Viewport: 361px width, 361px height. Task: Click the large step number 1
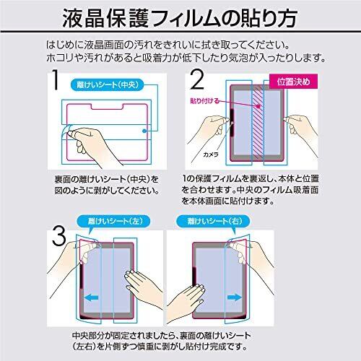56,80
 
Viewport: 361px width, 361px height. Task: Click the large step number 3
59,237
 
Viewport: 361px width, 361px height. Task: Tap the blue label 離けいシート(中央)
108,84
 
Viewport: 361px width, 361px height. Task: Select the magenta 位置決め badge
293,82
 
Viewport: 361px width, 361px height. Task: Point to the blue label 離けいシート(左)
113,221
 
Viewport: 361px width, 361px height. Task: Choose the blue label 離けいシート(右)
213,221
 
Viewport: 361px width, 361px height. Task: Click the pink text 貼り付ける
204,100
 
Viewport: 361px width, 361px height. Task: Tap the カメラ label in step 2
211,155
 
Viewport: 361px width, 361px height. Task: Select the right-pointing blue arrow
235,297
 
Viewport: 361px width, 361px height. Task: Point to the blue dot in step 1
144,131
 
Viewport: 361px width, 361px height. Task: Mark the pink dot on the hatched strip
258,106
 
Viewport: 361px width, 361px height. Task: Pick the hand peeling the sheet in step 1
92,144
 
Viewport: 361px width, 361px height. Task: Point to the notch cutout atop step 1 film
107,107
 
